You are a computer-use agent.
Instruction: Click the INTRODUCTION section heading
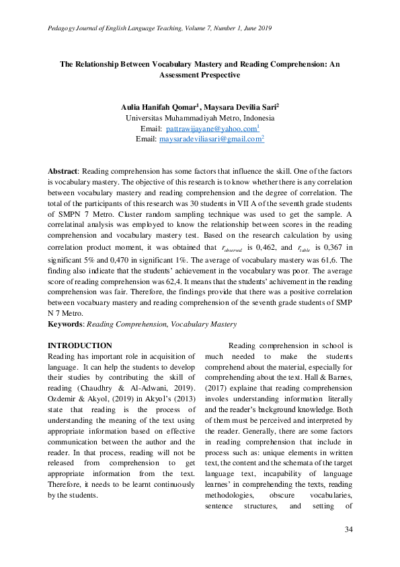pyautogui.click(x=80, y=345)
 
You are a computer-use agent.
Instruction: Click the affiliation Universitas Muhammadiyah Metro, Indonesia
pyautogui.click(x=200, y=117)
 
